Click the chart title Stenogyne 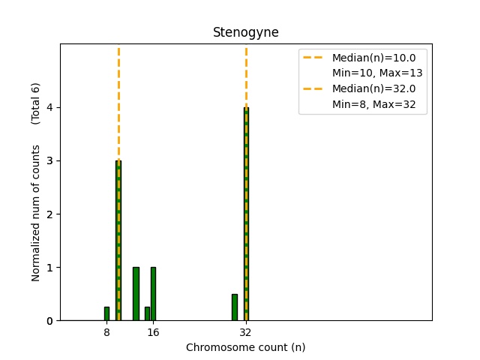point(245,32)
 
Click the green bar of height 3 point(118,240)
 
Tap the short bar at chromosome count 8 point(106,313)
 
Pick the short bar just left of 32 point(234,307)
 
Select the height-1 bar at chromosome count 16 point(153,294)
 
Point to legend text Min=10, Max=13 point(377,73)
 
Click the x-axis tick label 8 point(106,332)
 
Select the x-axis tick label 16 point(153,332)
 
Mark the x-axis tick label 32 point(245,332)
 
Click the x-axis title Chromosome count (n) point(245,347)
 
